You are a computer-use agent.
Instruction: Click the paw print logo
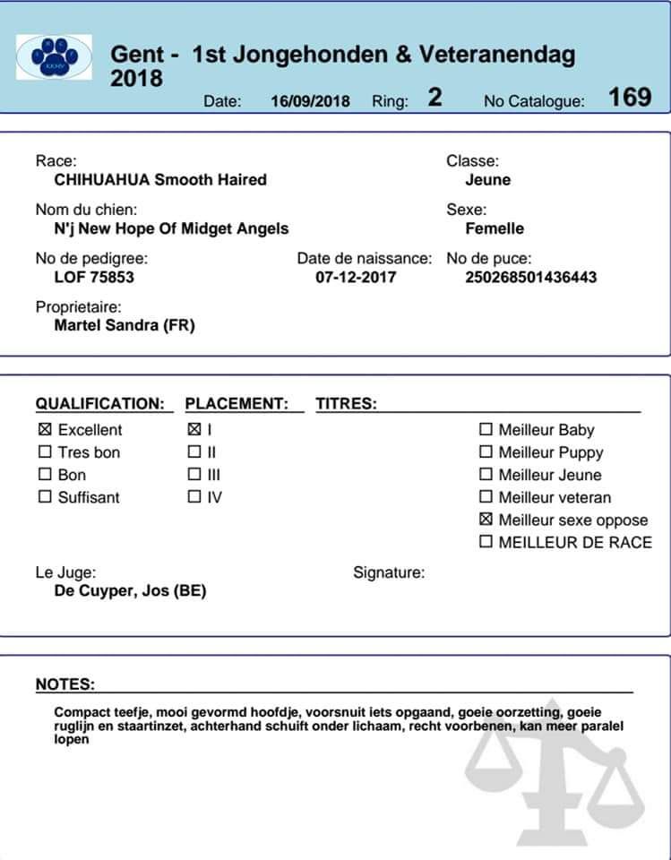(54, 57)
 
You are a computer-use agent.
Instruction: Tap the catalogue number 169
(630, 98)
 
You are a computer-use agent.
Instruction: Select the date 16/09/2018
(310, 101)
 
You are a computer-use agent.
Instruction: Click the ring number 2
(434, 98)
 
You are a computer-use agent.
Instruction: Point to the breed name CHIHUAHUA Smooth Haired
(160, 180)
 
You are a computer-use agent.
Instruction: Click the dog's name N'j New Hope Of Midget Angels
(171, 228)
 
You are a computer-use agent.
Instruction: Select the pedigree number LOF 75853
(94, 277)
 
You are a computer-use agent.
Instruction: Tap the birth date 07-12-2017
(356, 277)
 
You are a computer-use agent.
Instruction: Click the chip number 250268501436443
(531, 277)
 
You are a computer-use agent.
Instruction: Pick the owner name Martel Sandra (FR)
(125, 325)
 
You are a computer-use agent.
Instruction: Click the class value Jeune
(488, 180)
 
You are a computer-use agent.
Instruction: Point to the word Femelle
(495, 228)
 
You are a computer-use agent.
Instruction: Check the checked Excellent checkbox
(45, 430)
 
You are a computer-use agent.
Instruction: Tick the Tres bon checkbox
(45, 452)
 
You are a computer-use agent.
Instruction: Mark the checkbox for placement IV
(194, 497)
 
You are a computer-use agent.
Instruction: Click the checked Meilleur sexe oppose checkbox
(486, 520)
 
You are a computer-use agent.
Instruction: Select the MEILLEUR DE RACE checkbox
(486, 542)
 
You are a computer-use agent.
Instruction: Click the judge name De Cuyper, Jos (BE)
(130, 591)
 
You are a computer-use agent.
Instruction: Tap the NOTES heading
(65, 684)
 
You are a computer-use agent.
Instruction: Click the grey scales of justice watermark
(555, 779)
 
